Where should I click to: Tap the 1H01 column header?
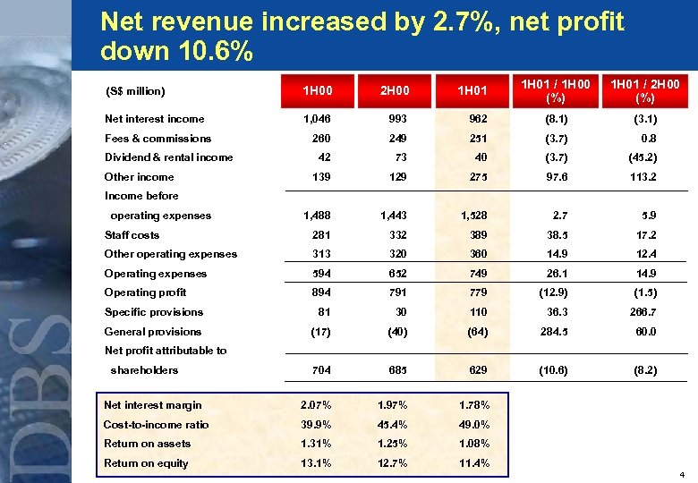[472, 90]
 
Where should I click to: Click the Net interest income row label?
[154, 119]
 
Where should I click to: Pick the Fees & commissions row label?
[157, 139]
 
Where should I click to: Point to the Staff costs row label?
[132, 235]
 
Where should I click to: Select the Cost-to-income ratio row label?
[156, 425]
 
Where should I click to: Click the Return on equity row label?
[146, 463]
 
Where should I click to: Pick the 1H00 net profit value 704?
[319, 370]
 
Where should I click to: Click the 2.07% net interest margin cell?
[314, 405]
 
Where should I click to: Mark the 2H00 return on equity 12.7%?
[395, 463]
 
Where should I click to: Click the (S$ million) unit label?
[135, 91]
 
